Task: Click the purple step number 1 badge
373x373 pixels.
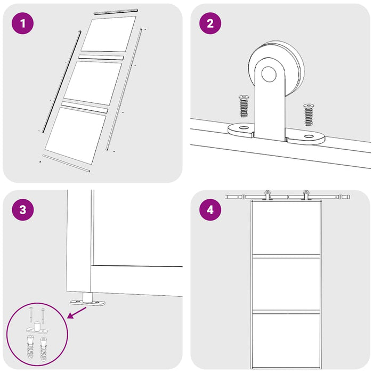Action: click(22, 23)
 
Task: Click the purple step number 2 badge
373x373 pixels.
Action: click(210, 23)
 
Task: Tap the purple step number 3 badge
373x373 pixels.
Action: click(22, 209)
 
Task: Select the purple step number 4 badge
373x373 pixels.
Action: click(210, 209)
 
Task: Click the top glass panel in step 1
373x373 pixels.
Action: click(109, 34)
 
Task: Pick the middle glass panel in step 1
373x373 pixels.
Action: click(93, 83)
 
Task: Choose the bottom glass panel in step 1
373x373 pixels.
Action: click(76, 135)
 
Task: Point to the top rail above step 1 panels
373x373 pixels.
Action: click(116, 12)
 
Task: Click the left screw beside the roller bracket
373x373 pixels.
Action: click(244, 106)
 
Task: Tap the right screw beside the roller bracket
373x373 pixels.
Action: click(309, 115)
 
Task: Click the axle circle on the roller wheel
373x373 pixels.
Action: click(269, 74)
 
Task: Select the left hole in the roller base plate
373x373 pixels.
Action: click(244, 128)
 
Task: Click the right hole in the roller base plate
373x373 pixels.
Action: click(309, 136)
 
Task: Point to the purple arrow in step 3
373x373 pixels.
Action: click(77, 313)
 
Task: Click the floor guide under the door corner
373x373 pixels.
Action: click(87, 299)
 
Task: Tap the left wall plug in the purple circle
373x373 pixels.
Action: click(30, 346)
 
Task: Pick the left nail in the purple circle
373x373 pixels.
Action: click(31, 314)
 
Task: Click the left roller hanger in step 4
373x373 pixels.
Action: click(267, 195)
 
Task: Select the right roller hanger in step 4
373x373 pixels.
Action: click(306, 195)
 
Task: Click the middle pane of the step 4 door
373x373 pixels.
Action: click(286, 284)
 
